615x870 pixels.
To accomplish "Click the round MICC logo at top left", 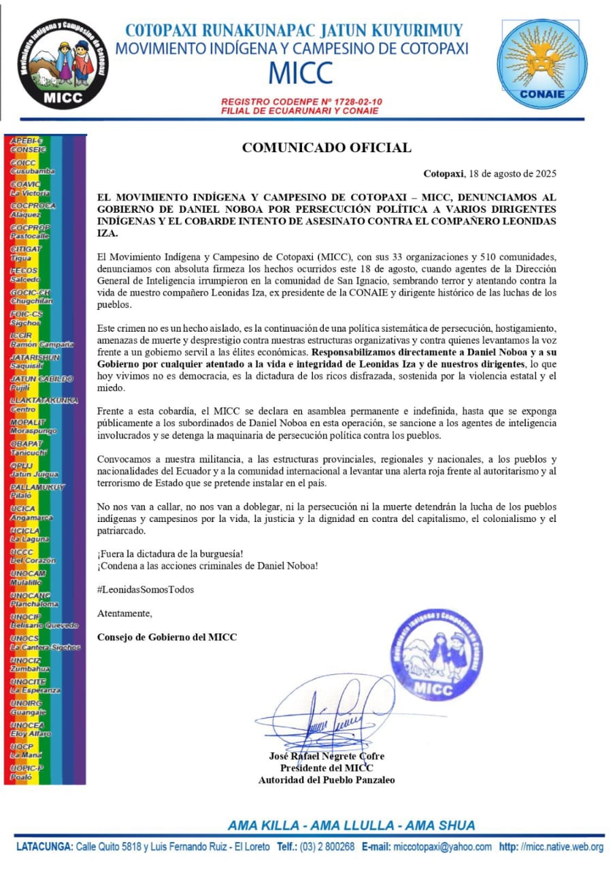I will (x=62, y=63).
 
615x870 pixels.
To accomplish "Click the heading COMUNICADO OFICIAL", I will (x=327, y=147).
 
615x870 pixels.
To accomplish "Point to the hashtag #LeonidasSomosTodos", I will (x=146, y=589).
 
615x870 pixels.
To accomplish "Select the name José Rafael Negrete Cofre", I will (x=327, y=756).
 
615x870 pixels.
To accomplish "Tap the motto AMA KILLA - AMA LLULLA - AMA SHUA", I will (x=351, y=826).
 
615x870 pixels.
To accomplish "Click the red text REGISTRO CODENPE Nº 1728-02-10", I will (x=301, y=101).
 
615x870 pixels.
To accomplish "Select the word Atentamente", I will (x=125, y=614).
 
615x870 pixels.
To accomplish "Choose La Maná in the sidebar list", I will (x=26, y=755).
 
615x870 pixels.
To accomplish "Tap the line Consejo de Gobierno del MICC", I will (x=167, y=637).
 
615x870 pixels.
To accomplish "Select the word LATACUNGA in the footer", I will (x=45, y=847).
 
